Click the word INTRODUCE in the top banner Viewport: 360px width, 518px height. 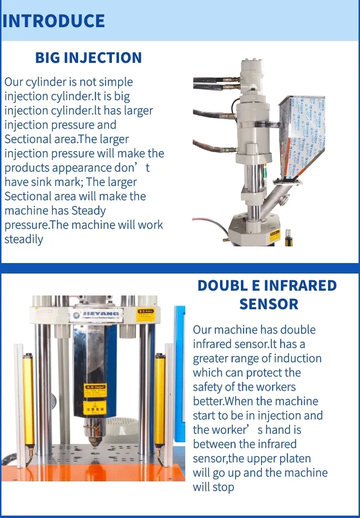coord(54,21)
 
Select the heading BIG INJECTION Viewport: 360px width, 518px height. coord(89,58)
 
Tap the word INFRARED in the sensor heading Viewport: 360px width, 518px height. coord(300,285)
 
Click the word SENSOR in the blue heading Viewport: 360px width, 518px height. coord(269,304)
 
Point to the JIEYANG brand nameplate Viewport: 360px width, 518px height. coord(95,315)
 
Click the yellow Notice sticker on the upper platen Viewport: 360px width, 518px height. coord(145,315)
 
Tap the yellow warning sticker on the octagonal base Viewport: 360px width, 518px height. coord(275,235)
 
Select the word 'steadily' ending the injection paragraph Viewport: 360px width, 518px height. coord(24,239)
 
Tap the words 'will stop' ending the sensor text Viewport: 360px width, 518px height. coord(214,487)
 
